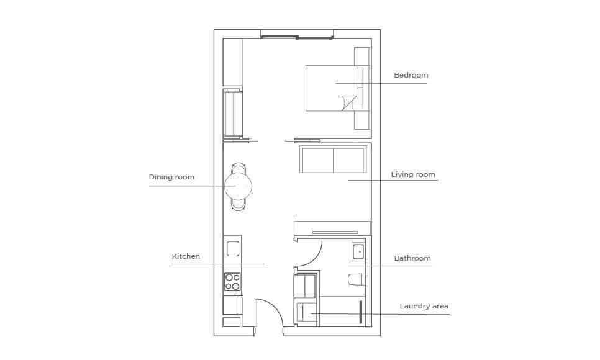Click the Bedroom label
[x=411, y=75]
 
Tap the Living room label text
[x=413, y=174]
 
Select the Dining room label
[x=171, y=177]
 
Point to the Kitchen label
[x=186, y=256]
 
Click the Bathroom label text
[x=412, y=258]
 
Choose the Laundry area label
[x=424, y=306]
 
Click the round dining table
[x=238, y=186]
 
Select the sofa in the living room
[x=334, y=159]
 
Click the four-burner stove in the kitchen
[x=232, y=282]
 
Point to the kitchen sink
[x=233, y=249]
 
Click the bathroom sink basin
[x=359, y=252]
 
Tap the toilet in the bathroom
[x=357, y=279]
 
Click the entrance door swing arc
[x=273, y=308]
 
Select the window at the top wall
[x=297, y=37]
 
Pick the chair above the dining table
[x=239, y=168]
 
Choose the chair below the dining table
[x=239, y=205]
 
